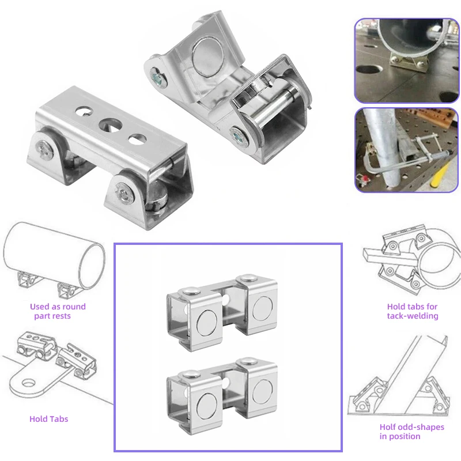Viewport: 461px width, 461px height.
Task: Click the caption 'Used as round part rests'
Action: point(58,311)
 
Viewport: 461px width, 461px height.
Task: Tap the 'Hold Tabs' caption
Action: point(49,419)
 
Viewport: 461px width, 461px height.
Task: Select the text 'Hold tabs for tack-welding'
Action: point(413,312)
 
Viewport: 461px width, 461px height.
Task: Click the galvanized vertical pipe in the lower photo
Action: point(380,150)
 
